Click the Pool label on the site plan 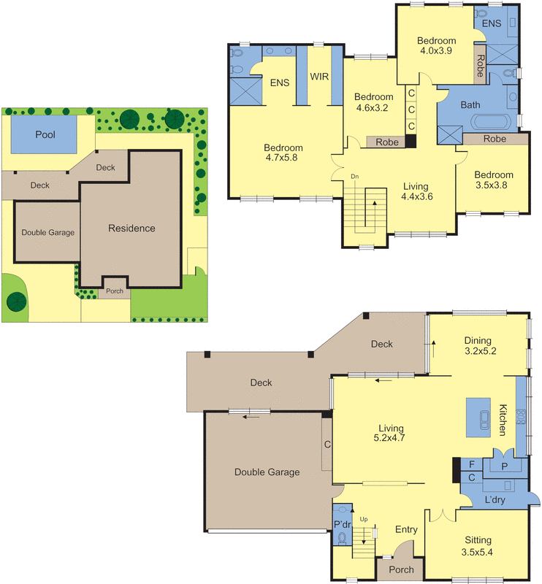(x=45, y=135)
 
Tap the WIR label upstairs (x=318, y=76)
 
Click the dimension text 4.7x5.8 (x=280, y=157)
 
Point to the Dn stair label (x=355, y=177)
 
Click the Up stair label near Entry (x=362, y=519)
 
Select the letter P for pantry (x=504, y=466)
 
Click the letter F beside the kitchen (x=472, y=464)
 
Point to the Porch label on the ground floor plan (x=402, y=569)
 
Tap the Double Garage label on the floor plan (x=267, y=472)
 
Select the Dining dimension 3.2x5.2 (x=481, y=351)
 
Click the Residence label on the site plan (x=131, y=228)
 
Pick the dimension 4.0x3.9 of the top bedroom (x=437, y=51)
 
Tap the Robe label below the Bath (x=495, y=139)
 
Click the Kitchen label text (x=503, y=420)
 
